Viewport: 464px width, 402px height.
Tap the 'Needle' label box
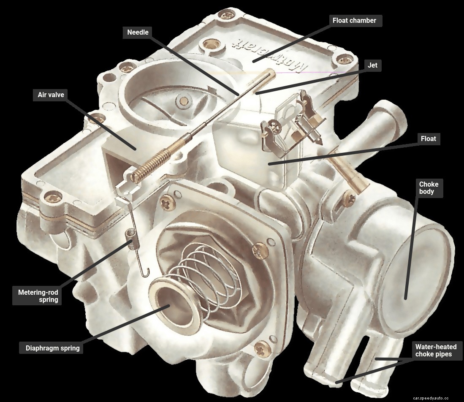pyautogui.click(x=138, y=32)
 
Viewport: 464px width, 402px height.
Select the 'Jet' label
pyautogui.click(x=372, y=65)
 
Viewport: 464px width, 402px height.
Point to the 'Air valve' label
pyautogui.click(x=49, y=95)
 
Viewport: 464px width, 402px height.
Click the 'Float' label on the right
pyautogui.click(x=428, y=139)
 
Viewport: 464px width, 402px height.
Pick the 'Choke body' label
pyautogui.click(x=429, y=188)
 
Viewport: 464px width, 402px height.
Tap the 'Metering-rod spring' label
pyautogui.click(x=38, y=296)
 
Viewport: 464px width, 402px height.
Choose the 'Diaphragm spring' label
pyautogui.click(x=52, y=348)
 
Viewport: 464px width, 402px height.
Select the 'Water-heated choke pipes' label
pyautogui.click(x=436, y=350)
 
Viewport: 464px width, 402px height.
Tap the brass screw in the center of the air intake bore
pyautogui.click(x=184, y=100)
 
